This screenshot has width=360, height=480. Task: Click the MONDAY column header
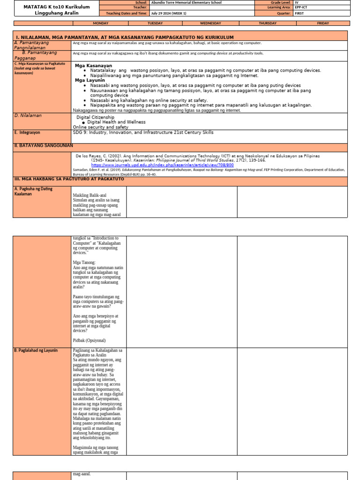coord(101,23)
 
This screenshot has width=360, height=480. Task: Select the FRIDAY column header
coord(322,23)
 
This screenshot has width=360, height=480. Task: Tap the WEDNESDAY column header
coord(210,23)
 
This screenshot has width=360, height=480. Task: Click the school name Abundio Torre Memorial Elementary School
coord(180,3)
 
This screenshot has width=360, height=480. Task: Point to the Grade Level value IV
coord(297,3)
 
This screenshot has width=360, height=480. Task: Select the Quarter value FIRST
coord(299,14)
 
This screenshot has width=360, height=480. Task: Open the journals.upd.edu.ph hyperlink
coord(162,165)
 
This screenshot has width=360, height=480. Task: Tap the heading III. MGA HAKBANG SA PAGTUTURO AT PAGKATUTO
coord(69,179)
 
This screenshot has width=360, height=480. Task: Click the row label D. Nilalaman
coord(28,115)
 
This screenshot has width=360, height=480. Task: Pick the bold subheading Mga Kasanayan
coord(93,66)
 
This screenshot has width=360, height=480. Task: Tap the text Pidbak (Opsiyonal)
coord(89,340)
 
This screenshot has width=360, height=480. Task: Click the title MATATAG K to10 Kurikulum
coord(45,6)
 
